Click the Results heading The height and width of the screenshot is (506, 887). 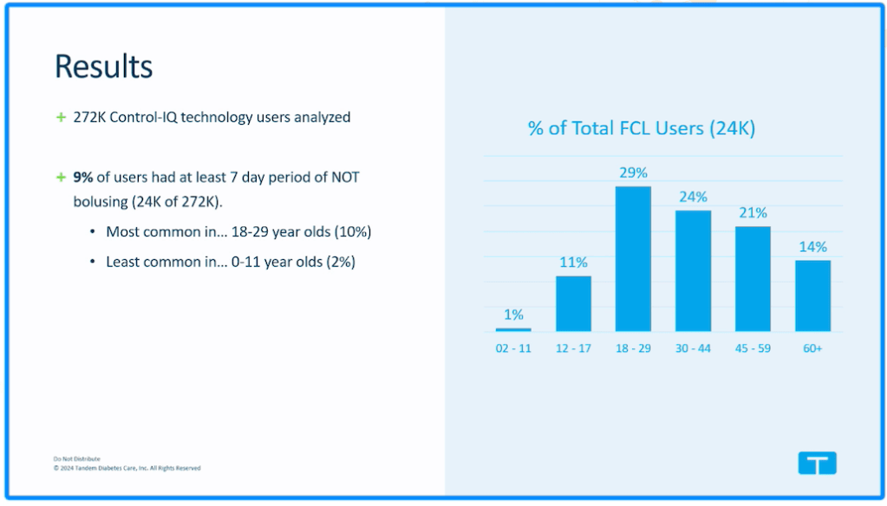tap(103, 67)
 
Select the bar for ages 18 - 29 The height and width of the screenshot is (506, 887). tap(633, 259)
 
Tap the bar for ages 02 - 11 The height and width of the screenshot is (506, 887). tap(513, 329)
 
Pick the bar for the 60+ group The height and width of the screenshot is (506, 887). tap(812, 295)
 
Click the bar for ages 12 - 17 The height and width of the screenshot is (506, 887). tap(573, 303)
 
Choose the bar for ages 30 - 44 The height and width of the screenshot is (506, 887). tap(693, 270)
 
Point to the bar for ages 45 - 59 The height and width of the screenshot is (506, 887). tap(753, 278)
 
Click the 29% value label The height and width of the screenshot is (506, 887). tap(633, 172)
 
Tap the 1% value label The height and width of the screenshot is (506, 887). tap(513, 315)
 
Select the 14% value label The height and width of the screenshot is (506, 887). tap(812, 247)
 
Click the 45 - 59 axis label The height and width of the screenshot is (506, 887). tap(753, 348)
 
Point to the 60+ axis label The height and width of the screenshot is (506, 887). tap(812, 348)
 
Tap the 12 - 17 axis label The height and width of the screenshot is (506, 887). tap(573, 348)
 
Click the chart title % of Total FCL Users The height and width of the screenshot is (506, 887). tap(642, 129)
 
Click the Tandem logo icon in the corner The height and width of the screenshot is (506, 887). tap(817, 464)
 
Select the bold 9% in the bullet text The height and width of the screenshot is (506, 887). tap(83, 178)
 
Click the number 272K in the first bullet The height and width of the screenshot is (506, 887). tap(89, 117)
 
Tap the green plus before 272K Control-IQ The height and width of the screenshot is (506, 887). tap(61, 117)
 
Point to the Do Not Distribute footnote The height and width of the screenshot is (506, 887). tap(77, 458)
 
